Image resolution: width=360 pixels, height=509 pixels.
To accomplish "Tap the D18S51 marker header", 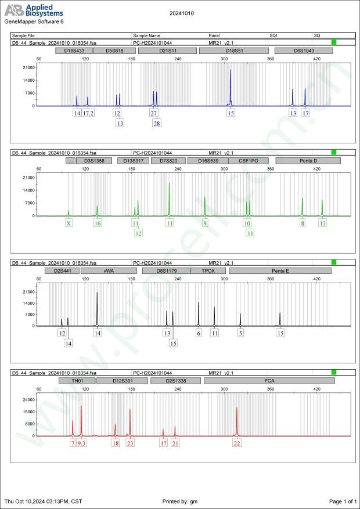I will click(234, 51).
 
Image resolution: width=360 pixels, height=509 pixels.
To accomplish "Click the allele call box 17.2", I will click(88, 113).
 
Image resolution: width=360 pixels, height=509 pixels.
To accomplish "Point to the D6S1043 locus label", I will click(304, 51).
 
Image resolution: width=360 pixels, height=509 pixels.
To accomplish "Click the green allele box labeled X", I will click(69, 223).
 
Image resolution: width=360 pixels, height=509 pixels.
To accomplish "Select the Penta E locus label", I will click(280, 270).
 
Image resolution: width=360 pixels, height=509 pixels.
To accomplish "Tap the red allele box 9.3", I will click(81, 443).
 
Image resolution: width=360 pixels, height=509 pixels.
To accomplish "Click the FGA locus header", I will click(269, 381).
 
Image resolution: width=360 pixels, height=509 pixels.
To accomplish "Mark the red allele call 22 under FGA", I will click(237, 443).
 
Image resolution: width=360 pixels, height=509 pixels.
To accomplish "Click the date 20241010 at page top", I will click(181, 12).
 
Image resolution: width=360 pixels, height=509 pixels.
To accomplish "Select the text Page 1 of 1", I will click(342, 501).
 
